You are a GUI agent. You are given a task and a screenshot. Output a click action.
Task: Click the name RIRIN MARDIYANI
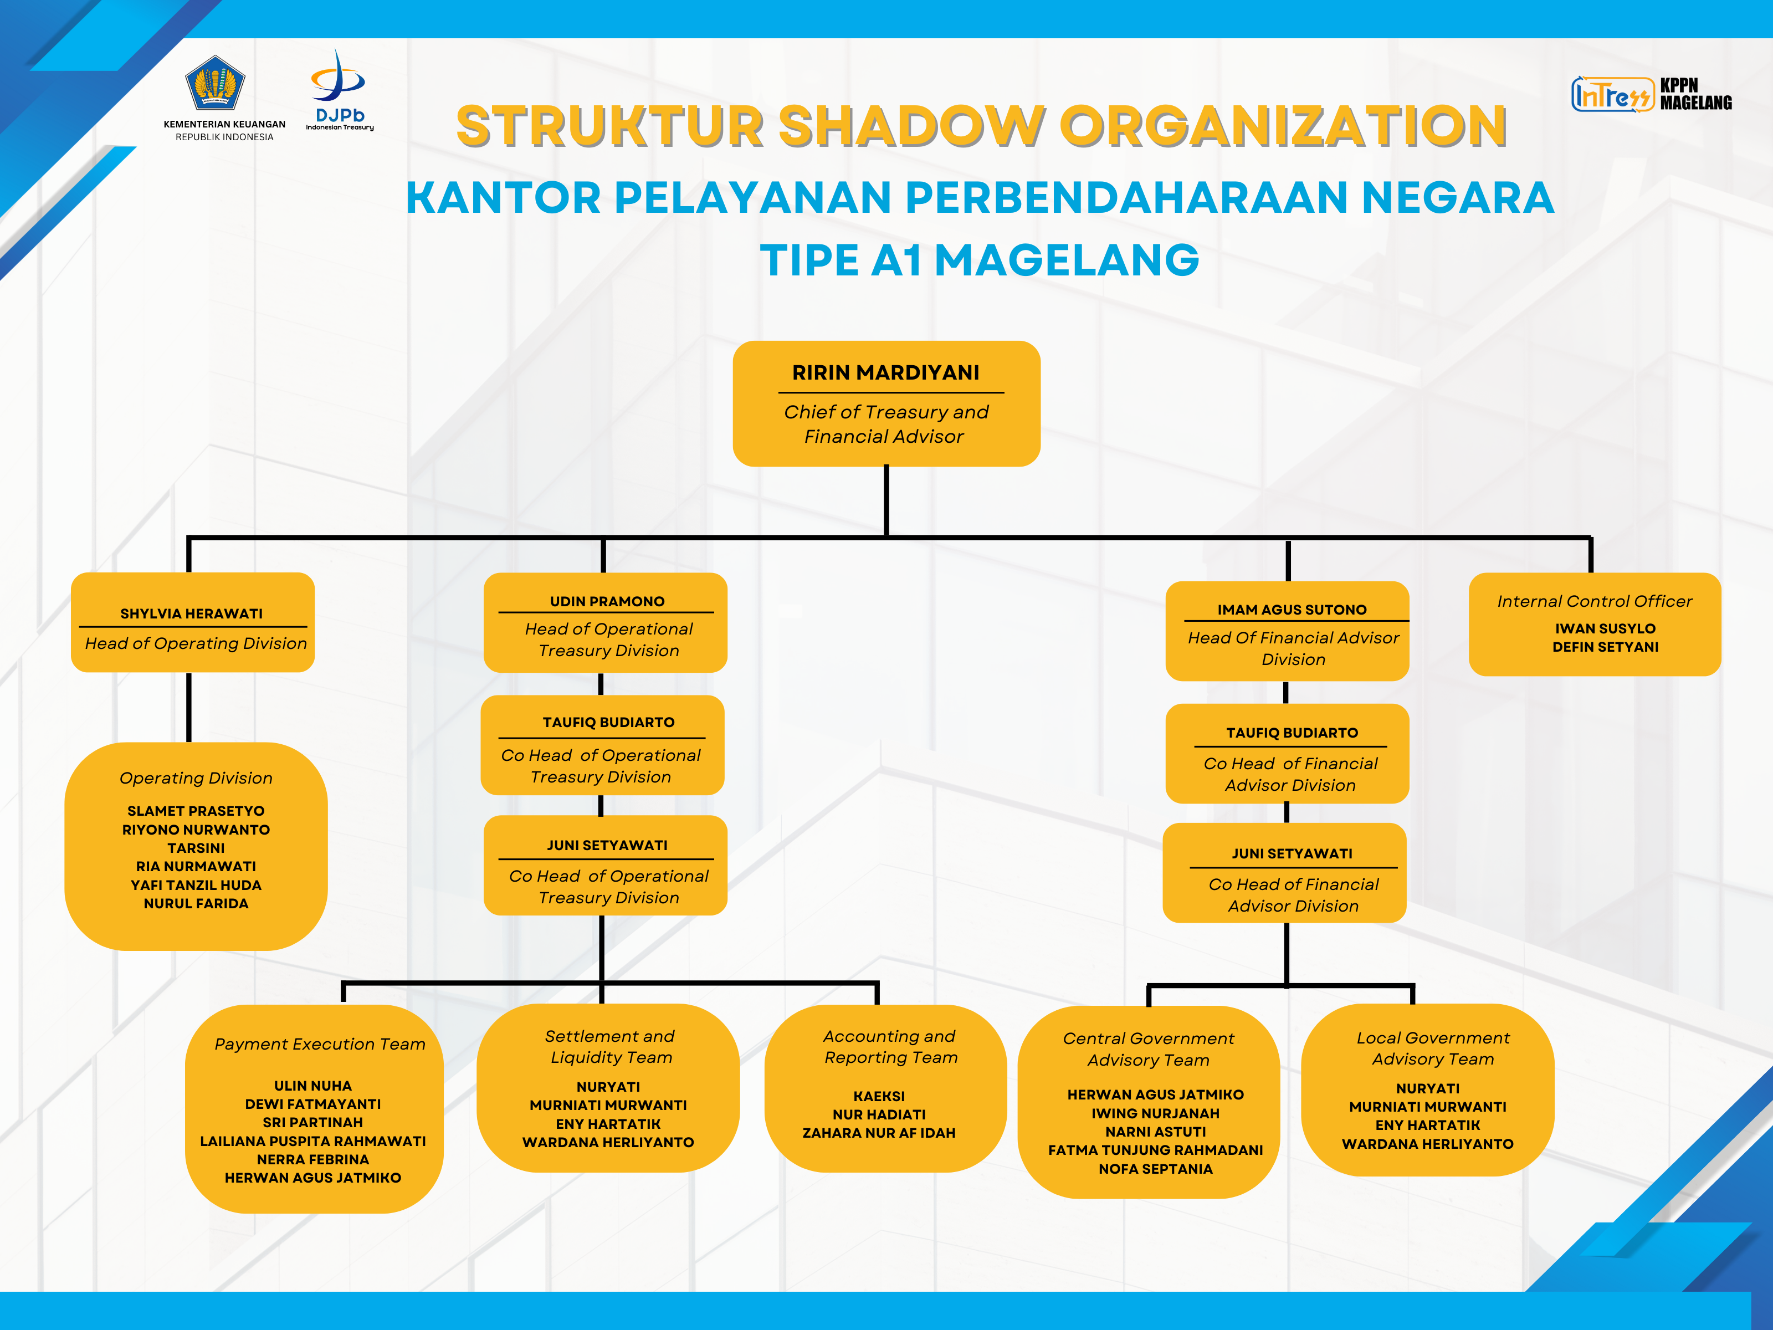[x=886, y=373]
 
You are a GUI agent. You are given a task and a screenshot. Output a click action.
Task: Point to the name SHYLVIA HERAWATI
[x=192, y=614]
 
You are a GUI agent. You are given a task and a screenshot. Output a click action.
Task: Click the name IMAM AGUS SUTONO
[x=1292, y=610]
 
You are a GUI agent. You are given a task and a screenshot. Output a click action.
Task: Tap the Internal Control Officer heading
[x=1594, y=601]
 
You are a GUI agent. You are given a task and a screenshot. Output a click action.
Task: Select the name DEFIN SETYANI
[x=1606, y=647]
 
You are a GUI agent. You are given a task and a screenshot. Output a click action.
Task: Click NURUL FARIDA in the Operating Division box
[x=196, y=903]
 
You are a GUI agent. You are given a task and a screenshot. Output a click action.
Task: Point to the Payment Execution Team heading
[x=320, y=1044]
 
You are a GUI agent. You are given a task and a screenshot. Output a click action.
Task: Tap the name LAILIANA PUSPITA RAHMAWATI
[x=312, y=1141]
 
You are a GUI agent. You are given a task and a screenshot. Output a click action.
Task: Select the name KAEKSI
[x=879, y=1096]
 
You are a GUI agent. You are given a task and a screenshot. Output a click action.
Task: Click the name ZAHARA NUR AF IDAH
[x=879, y=1133]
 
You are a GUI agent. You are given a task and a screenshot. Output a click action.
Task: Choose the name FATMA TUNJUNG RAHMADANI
[x=1156, y=1150]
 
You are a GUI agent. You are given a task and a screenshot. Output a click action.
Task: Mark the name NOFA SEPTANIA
[x=1156, y=1169]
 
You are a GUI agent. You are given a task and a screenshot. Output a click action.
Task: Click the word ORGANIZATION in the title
[x=1283, y=126]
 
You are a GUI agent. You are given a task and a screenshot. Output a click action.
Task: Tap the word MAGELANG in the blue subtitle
[x=1067, y=260]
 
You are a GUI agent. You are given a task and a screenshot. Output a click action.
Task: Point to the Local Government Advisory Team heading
[x=1433, y=1048]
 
